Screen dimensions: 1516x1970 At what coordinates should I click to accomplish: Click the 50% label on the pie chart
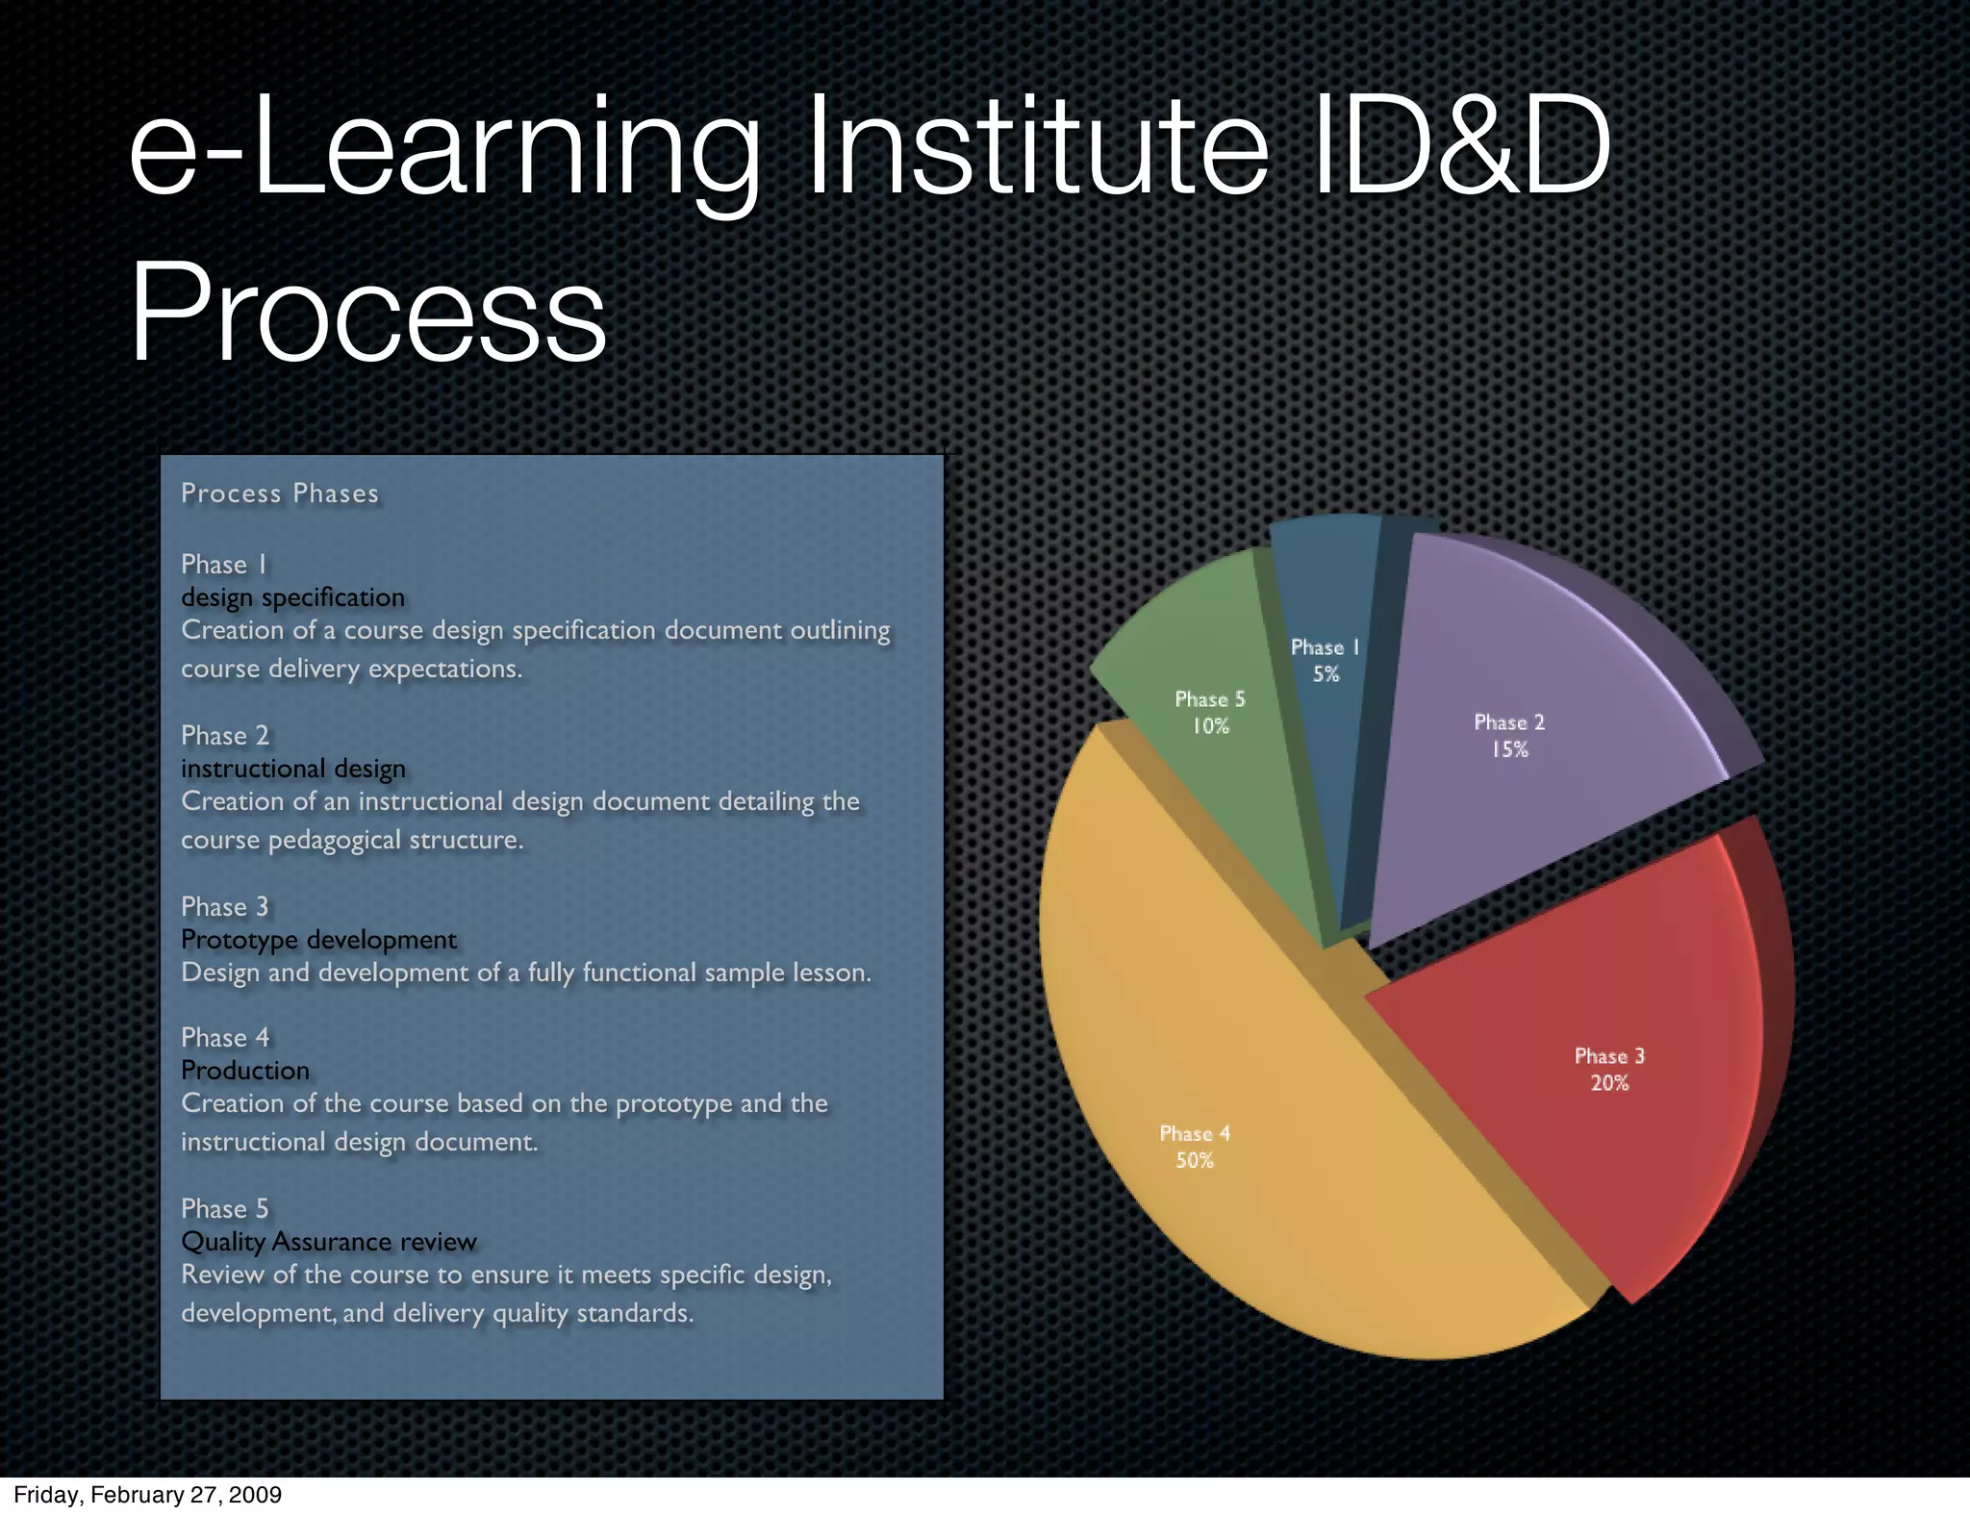[x=1195, y=1161]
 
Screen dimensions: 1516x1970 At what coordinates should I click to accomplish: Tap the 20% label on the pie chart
[x=1609, y=1083]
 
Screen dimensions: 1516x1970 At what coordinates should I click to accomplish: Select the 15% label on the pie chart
[x=1509, y=749]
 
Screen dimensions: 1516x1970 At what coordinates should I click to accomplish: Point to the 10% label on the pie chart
[x=1210, y=726]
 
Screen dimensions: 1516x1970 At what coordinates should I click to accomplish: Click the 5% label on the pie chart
[x=1326, y=674]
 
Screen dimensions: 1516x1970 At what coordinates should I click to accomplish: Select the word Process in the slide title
[x=368, y=313]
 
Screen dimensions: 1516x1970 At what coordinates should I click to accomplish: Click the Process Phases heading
[x=280, y=493]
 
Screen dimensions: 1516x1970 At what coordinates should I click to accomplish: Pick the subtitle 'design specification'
[x=293, y=597]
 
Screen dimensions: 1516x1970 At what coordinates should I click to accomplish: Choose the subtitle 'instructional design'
[x=293, y=769]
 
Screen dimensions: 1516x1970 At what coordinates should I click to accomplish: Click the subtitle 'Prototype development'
[x=319, y=940]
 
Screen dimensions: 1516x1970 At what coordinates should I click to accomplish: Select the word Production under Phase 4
[x=245, y=1071]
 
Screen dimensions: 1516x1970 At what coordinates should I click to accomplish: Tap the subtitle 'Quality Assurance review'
[x=329, y=1242]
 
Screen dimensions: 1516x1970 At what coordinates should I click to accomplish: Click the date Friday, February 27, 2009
[x=147, y=1495]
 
